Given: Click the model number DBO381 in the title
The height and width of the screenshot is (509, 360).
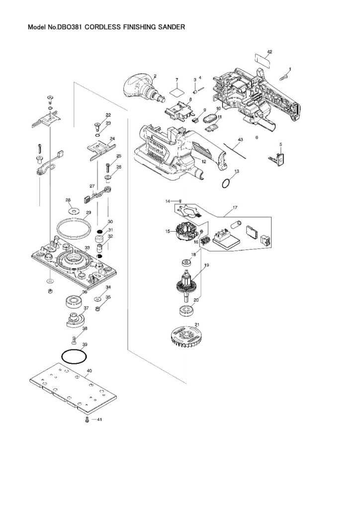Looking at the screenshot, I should click(x=66, y=28).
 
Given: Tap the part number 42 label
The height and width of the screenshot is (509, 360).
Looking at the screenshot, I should click(x=270, y=52).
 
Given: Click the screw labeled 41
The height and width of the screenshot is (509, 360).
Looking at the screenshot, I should click(x=88, y=421).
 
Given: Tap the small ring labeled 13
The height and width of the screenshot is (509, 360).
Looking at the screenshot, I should click(x=226, y=183).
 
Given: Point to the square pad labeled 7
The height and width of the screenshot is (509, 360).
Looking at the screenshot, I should click(x=175, y=92).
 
